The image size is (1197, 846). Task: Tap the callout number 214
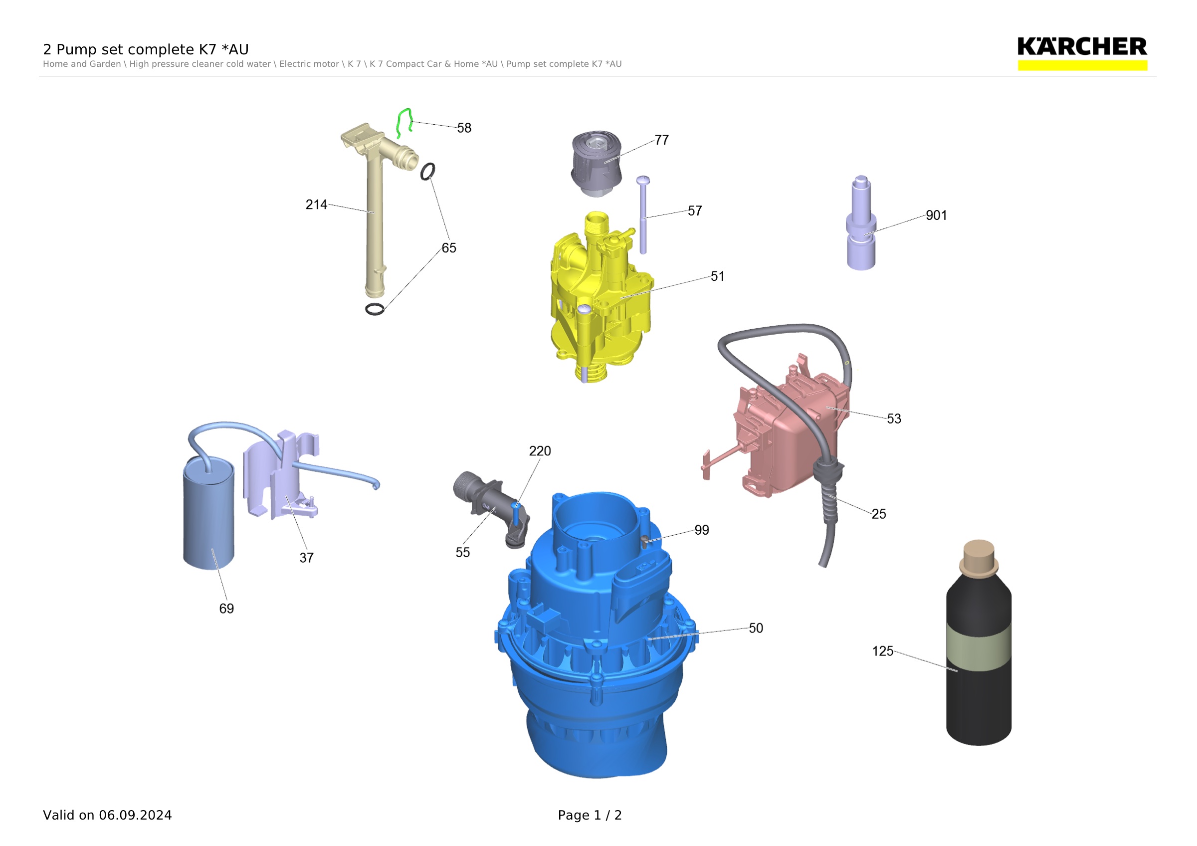coord(316,205)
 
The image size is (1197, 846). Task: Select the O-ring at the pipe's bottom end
coord(375,309)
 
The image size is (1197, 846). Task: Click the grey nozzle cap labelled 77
coord(597,163)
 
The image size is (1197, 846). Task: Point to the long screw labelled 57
coord(643,215)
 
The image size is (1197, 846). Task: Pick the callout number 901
coord(936,215)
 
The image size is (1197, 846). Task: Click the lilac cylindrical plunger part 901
coord(861,223)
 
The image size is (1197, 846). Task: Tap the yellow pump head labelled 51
coord(600,297)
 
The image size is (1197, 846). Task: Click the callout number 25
coord(878,514)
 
